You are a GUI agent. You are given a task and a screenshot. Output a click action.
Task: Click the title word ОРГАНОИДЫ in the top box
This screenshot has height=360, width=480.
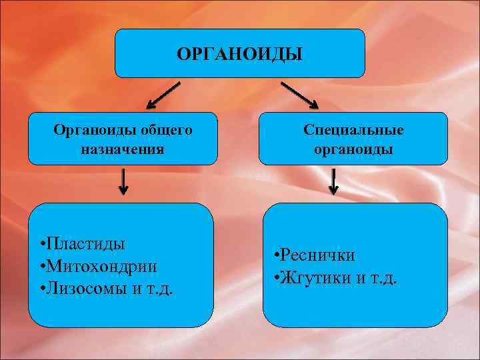click(239, 53)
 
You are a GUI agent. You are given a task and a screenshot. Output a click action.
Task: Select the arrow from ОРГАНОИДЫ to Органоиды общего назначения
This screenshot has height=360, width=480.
click(163, 95)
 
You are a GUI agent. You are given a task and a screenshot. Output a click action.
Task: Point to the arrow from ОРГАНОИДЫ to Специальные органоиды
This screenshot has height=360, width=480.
click(299, 95)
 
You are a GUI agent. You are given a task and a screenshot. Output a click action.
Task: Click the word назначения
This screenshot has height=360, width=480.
click(122, 149)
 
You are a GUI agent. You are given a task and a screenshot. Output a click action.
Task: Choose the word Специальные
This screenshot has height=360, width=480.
click(353, 129)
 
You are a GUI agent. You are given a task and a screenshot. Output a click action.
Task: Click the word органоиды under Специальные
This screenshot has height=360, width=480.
click(353, 149)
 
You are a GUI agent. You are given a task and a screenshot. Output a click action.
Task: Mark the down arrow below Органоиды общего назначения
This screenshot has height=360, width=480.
click(123, 181)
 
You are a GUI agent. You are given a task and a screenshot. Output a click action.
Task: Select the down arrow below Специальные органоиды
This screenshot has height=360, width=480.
click(333, 181)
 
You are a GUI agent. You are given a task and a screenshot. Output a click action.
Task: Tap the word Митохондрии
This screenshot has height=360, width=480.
click(102, 266)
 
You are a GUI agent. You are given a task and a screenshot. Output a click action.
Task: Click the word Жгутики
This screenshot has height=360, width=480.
click(315, 277)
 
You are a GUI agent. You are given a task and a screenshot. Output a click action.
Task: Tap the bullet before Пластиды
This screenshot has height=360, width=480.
click(42, 244)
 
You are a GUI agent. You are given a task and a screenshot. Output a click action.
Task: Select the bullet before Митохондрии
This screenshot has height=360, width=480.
click(42, 267)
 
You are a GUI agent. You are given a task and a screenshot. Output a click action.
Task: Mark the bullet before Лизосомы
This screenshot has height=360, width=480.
click(42, 290)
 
